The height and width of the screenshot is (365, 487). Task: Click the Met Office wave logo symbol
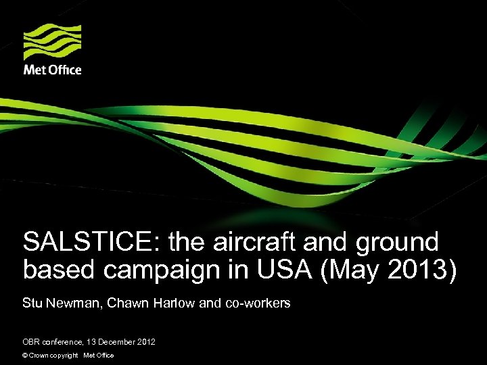point(52,43)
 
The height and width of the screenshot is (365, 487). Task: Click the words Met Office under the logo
point(52,70)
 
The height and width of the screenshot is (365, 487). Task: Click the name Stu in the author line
point(31,303)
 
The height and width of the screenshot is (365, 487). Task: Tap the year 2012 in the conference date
point(145,342)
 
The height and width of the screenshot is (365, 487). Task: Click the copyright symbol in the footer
point(25,356)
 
